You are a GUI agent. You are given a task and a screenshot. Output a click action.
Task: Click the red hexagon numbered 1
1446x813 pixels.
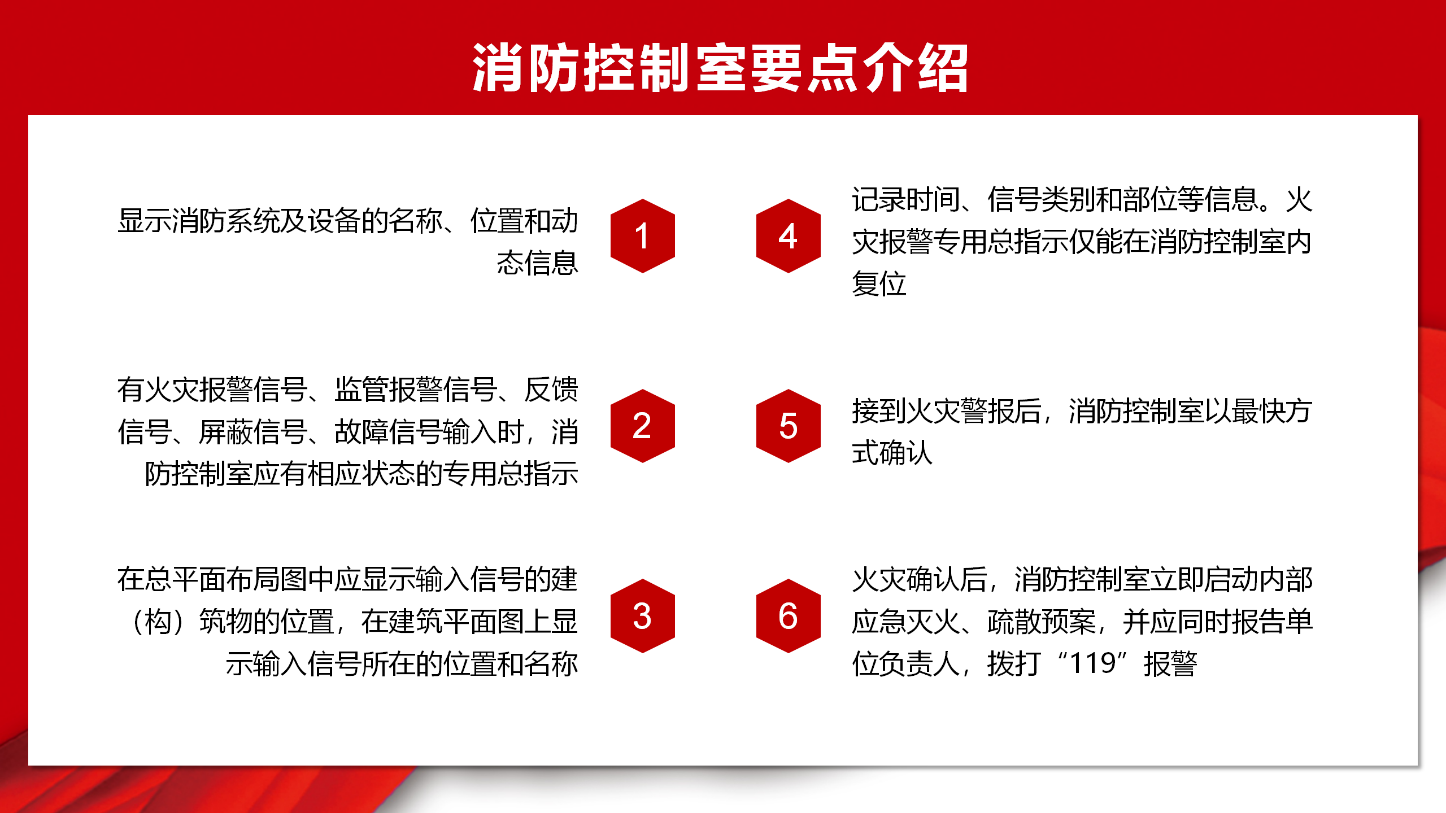coord(643,236)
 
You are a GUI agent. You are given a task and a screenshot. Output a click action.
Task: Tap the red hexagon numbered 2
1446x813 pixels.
coord(643,426)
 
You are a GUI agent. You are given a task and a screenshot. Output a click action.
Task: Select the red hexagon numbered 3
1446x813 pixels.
coord(643,616)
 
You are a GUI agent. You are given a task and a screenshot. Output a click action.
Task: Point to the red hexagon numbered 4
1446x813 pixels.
coord(789,236)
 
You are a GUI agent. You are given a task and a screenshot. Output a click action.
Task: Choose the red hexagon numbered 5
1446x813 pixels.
coord(789,426)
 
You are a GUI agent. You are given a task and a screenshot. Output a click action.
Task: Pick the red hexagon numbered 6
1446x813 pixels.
coord(789,616)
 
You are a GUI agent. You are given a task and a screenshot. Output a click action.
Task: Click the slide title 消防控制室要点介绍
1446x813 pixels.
coord(721,68)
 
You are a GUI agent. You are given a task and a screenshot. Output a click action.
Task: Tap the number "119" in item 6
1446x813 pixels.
coord(1093,663)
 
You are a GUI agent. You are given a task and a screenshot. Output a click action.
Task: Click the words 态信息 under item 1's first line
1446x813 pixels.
coord(538,263)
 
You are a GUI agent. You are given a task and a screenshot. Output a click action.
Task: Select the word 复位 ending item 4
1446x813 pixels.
coord(879,283)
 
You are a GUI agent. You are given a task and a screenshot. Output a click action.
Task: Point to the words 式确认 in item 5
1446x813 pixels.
coord(892,453)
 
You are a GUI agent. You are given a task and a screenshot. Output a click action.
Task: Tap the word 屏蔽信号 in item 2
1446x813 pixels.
coord(253,432)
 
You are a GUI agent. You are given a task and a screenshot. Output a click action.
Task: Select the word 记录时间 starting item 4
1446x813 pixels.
coord(906,200)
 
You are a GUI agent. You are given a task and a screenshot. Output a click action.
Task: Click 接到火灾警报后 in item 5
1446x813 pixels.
coord(947,411)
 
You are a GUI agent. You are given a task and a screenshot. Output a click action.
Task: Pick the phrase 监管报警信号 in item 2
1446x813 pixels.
coord(416,390)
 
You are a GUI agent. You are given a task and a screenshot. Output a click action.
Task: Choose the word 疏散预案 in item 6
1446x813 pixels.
coord(1042,622)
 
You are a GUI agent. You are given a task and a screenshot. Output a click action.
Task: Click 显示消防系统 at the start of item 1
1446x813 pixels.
coord(199,221)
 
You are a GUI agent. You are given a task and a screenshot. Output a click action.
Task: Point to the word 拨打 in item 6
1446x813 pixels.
coord(1014,664)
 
